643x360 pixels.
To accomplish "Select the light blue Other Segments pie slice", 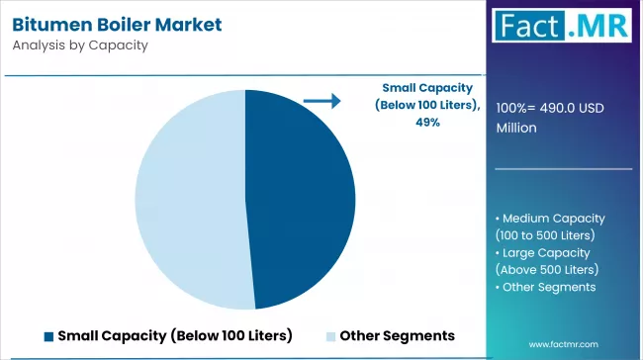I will pos(188,198).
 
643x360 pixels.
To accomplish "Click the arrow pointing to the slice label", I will pos(321,100).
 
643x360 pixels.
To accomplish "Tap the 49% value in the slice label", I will pos(427,123).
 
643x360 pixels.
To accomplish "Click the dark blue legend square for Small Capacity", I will pos(48,335).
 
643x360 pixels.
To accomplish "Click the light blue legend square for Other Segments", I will pos(330,335).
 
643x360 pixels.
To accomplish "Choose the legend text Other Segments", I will pos(397,335).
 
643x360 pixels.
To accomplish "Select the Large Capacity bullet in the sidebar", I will pos(549,252).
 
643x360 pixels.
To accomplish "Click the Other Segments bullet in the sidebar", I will pos(550,287).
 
